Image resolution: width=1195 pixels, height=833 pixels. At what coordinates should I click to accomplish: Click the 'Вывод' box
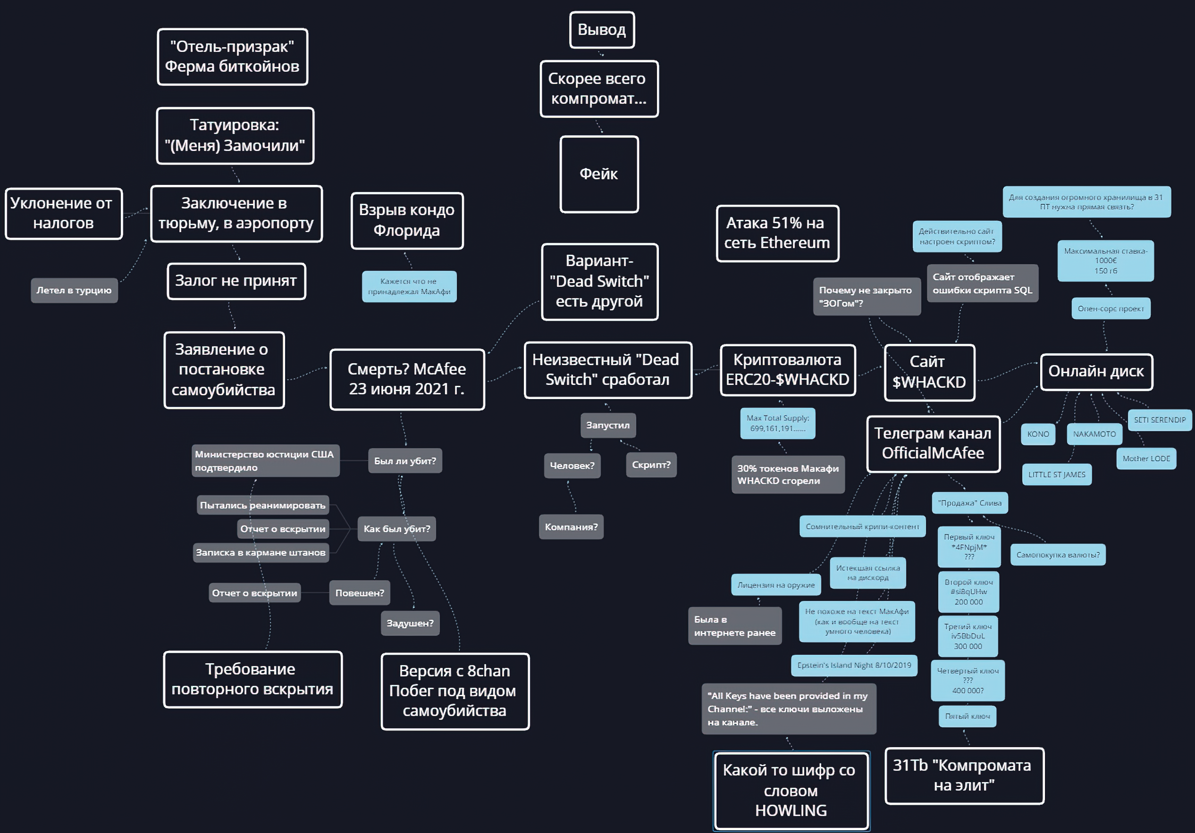[x=602, y=30]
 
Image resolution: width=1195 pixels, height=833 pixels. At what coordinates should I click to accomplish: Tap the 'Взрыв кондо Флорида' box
[x=407, y=221]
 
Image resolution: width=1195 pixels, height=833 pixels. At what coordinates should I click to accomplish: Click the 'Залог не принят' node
[x=236, y=281]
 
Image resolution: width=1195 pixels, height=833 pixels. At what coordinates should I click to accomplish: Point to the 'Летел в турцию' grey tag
[x=74, y=291]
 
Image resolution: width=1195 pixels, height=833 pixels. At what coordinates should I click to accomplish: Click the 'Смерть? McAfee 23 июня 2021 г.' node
[x=407, y=379]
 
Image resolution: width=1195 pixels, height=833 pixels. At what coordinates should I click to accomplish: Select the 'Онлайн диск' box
[x=1096, y=372]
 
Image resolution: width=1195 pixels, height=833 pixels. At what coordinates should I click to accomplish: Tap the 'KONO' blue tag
[x=1038, y=434]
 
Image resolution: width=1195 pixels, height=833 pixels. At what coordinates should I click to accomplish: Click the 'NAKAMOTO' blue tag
[x=1094, y=434]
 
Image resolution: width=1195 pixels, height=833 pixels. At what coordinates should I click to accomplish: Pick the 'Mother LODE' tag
[x=1146, y=458]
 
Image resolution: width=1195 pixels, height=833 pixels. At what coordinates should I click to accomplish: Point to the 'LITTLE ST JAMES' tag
[x=1057, y=475]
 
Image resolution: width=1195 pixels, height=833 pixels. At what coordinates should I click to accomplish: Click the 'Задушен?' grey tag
[x=410, y=623]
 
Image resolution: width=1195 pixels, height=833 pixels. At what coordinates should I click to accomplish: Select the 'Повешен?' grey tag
[x=360, y=592]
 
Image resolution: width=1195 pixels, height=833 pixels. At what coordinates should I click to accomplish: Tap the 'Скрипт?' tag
[x=651, y=465]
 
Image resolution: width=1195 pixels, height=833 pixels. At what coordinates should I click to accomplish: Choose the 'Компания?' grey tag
[x=571, y=527]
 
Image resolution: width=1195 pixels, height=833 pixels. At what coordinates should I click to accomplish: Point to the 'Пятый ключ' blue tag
[x=968, y=716]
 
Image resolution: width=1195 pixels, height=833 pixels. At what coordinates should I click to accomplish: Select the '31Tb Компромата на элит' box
[x=964, y=776]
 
